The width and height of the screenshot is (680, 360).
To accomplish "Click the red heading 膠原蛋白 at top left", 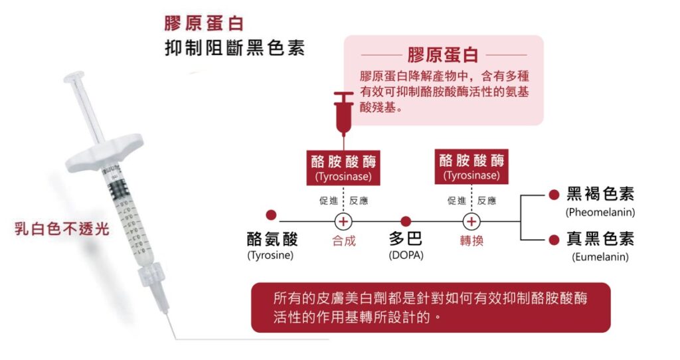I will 204,23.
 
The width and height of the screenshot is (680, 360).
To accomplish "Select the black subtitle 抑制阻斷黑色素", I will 234,49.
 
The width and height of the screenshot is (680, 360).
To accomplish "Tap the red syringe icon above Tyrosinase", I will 343,110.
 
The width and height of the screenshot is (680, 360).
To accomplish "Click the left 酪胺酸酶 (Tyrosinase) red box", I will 343,167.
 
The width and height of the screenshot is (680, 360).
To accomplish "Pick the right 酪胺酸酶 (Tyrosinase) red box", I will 471,166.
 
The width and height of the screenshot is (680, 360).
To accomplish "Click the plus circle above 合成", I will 343,221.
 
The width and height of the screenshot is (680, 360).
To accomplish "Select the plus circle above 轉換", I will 471,221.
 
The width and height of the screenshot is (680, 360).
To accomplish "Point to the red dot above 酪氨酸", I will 271,215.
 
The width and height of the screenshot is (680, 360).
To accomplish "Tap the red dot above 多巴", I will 406,221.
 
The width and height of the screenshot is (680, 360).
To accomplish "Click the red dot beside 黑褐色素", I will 553,195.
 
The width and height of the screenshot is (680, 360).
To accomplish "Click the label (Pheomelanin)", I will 600,213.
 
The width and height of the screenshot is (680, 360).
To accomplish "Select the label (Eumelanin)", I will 600,256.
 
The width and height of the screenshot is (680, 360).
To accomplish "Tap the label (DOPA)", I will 406,254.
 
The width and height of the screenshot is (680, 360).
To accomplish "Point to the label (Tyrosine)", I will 270,254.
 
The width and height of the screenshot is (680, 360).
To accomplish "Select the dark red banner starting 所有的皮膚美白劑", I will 430,307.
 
